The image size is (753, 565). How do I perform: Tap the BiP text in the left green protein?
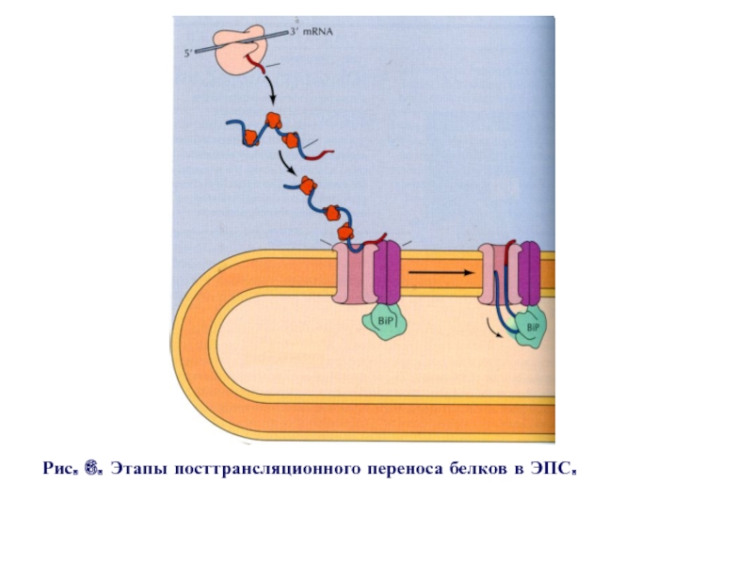point(383,323)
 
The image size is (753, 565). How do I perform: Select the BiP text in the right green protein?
point(533,327)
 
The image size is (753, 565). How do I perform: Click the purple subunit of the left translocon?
point(386,273)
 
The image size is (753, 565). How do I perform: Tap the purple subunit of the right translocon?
point(530,273)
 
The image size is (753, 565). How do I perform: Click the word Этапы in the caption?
point(140,468)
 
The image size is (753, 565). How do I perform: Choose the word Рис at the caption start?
point(57,468)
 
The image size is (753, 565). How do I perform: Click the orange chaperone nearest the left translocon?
point(345,233)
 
